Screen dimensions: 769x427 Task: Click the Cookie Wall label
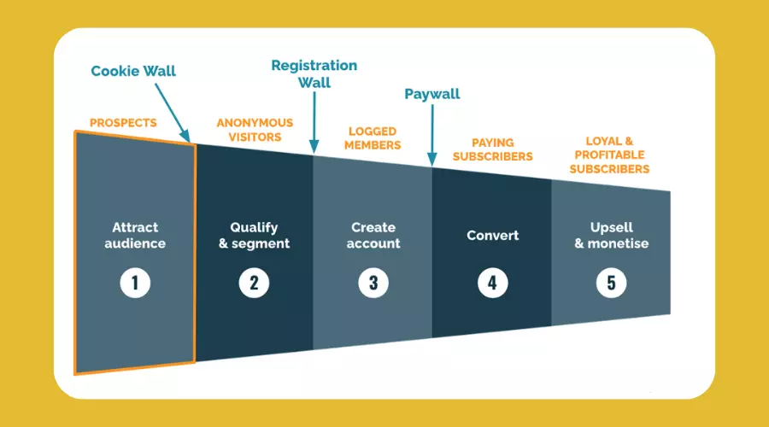tap(133, 71)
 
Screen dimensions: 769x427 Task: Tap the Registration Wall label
tap(314, 74)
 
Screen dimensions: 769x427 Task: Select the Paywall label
tap(432, 94)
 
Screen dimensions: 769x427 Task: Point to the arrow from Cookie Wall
tap(173, 113)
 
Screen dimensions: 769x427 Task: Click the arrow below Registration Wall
tap(314, 123)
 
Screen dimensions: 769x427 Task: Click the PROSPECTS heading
tap(123, 123)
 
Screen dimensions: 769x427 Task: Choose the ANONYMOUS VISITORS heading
tap(255, 130)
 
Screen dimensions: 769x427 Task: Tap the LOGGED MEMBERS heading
tap(373, 138)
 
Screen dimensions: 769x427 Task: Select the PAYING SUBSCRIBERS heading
tap(492, 149)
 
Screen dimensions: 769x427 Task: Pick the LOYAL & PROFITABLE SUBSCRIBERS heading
tap(609, 155)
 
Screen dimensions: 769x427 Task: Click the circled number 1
tap(135, 283)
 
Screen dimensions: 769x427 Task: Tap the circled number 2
tap(254, 283)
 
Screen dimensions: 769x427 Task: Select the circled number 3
tap(373, 283)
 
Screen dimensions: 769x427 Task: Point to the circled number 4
tap(492, 283)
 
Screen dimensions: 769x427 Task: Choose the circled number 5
tap(611, 283)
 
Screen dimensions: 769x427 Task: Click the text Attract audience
tap(135, 236)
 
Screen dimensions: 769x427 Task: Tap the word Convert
tap(492, 236)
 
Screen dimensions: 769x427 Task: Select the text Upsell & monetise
tap(612, 236)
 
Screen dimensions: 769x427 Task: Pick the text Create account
tap(373, 236)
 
